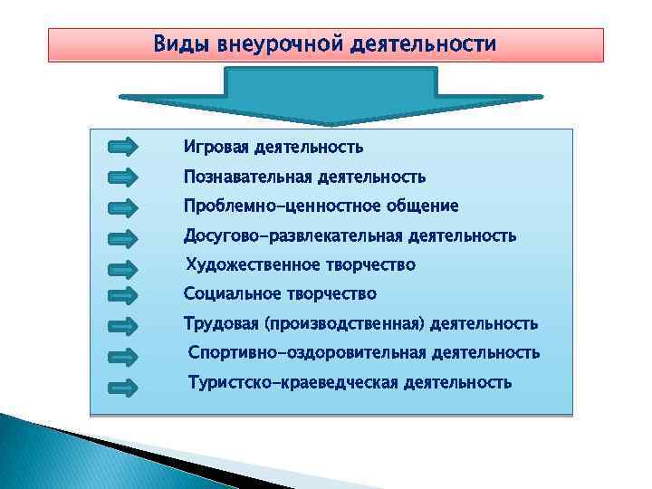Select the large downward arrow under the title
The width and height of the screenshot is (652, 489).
(330, 98)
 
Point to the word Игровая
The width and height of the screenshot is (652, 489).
(216, 147)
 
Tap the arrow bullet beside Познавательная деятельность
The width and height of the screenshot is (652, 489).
(122, 177)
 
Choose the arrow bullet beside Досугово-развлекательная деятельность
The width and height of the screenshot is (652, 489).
(122, 238)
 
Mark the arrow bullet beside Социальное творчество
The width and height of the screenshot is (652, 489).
(122, 295)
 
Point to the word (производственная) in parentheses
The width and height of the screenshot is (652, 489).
(344, 323)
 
